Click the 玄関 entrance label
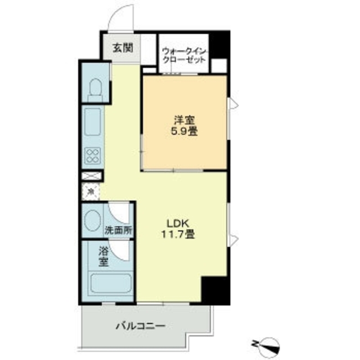point(122,48)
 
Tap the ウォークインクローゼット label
point(185,55)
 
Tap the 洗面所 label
point(118,230)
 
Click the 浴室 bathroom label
point(102,255)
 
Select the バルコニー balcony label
point(140,325)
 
